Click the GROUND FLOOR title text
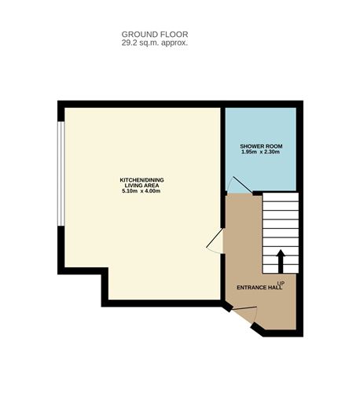tap(154, 34)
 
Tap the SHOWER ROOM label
tap(261, 146)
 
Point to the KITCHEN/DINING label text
tap(141, 180)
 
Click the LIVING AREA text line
tap(141, 186)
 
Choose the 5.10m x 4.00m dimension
tap(141, 192)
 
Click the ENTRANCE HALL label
tap(254, 288)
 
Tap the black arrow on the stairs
tap(280, 260)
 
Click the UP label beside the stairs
tap(280, 282)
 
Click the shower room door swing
tap(237, 186)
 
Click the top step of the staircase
tap(280, 199)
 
